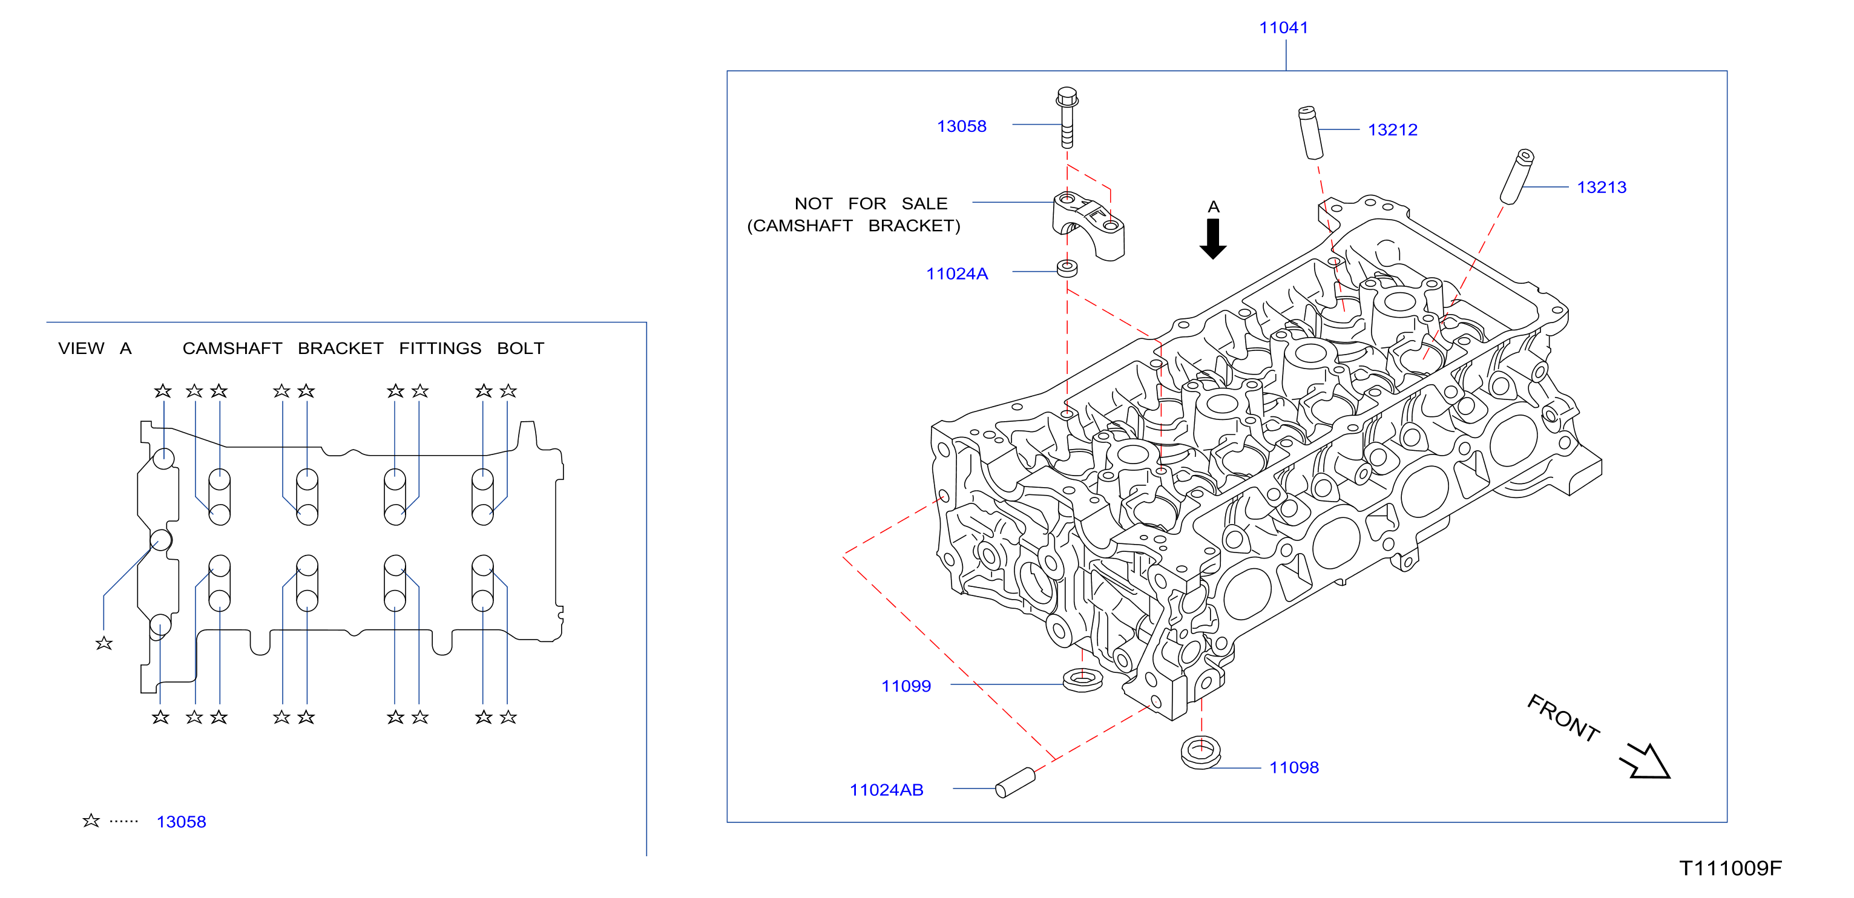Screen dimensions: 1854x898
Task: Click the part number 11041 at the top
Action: [x=1283, y=27]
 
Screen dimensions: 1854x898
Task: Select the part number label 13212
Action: [x=1393, y=129]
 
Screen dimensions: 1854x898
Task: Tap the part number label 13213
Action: [x=1602, y=187]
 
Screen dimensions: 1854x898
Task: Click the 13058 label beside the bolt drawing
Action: [x=962, y=126]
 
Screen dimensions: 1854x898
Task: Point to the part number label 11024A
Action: [x=956, y=274]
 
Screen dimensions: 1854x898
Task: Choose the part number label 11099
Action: [x=906, y=686]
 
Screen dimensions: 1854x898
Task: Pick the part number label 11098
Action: [x=1294, y=767]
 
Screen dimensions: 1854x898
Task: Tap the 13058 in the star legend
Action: [x=182, y=822]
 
